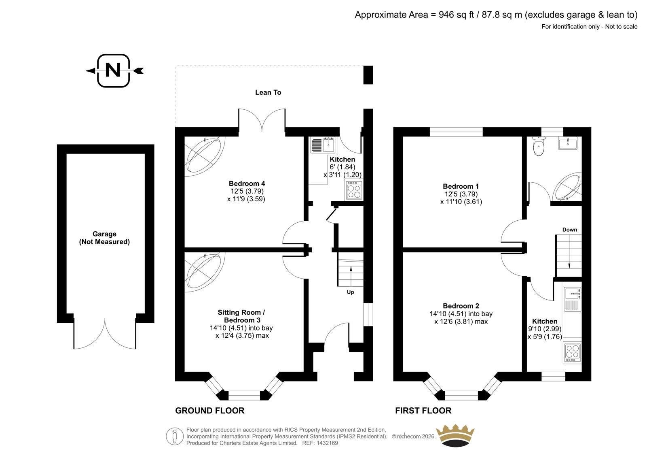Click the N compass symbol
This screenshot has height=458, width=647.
[x=114, y=70]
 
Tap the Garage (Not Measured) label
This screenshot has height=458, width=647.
[x=104, y=238]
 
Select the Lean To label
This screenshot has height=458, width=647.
[x=268, y=92]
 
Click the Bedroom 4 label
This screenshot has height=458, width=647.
[x=247, y=183]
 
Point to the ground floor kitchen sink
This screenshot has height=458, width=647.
[x=323, y=145]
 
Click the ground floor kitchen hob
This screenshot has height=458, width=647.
[x=354, y=190]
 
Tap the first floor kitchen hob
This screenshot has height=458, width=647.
[x=572, y=353]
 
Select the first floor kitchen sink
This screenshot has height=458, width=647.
[x=572, y=299]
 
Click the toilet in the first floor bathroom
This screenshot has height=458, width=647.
[x=539, y=146]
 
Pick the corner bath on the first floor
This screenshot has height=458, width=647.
[x=567, y=187]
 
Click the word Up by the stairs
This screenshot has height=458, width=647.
[x=350, y=292]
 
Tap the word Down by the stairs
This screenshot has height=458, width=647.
[x=570, y=230]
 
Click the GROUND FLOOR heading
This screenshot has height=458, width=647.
[x=210, y=411]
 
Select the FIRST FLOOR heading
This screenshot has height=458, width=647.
[x=423, y=411]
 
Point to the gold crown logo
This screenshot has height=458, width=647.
[x=455, y=435]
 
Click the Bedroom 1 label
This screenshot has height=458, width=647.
[x=461, y=186]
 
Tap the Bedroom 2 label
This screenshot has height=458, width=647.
[x=461, y=306]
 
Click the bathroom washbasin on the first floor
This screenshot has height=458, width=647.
[x=568, y=143]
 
